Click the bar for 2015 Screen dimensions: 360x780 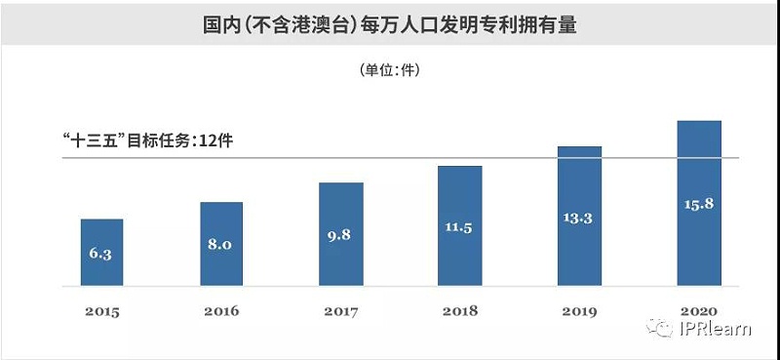tap(101, 253)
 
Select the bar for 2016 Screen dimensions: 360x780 tap(221, 244)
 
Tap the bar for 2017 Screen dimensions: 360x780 tap(340, 234)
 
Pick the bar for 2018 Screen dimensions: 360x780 tap(459, 225)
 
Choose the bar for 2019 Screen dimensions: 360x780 tap(579, 217)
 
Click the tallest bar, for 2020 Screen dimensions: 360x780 tap(698, 203)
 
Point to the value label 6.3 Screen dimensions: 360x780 tap(101, 253)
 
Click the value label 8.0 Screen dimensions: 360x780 tap(220, 244)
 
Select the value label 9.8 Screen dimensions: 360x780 tap(340, 235)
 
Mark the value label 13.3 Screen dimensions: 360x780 tap(579, 217)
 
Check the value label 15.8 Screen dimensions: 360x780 tap(698, 204)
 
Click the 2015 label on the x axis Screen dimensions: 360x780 tap(101, 311)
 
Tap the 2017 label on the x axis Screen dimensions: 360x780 tap(340, 311)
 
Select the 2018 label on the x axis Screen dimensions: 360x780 tap(459, 311)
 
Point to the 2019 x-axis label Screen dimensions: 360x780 tap(579, 311)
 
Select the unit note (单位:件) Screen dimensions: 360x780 tap(389, 70)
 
